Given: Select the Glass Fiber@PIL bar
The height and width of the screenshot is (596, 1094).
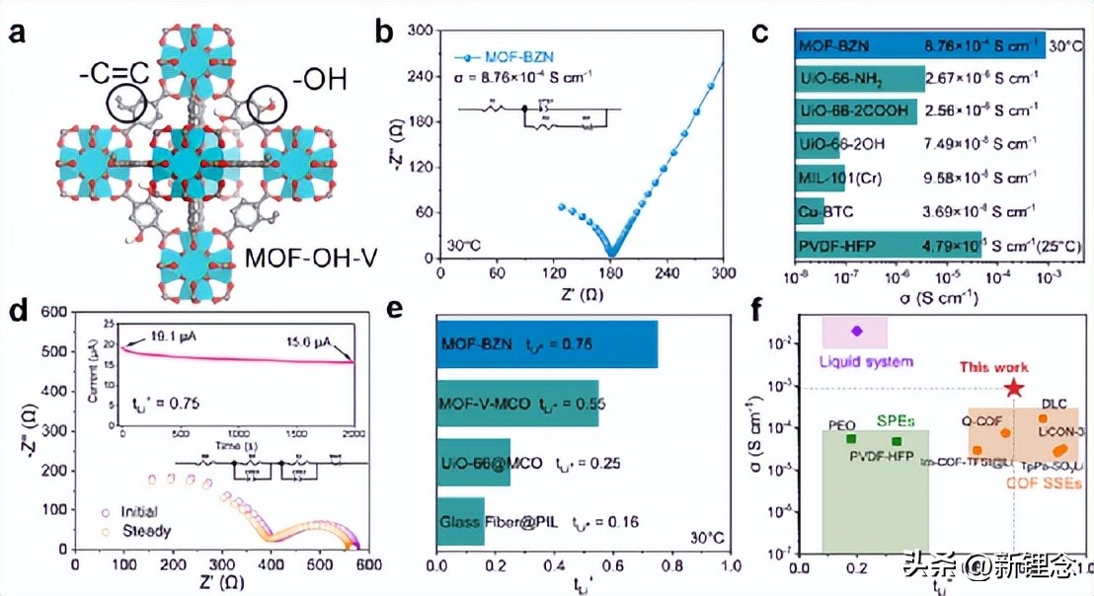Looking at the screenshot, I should tap(460, 522).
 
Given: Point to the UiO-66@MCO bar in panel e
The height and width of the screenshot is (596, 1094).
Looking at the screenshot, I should tap(473, 463).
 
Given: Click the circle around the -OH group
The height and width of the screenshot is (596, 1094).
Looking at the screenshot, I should tap(268, 104).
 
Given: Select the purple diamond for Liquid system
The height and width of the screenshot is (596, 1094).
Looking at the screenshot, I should tap(856, 331).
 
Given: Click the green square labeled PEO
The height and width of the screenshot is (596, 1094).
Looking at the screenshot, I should tap(850, 438).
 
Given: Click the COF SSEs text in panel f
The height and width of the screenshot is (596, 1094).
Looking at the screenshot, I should tap(1042, 484).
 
